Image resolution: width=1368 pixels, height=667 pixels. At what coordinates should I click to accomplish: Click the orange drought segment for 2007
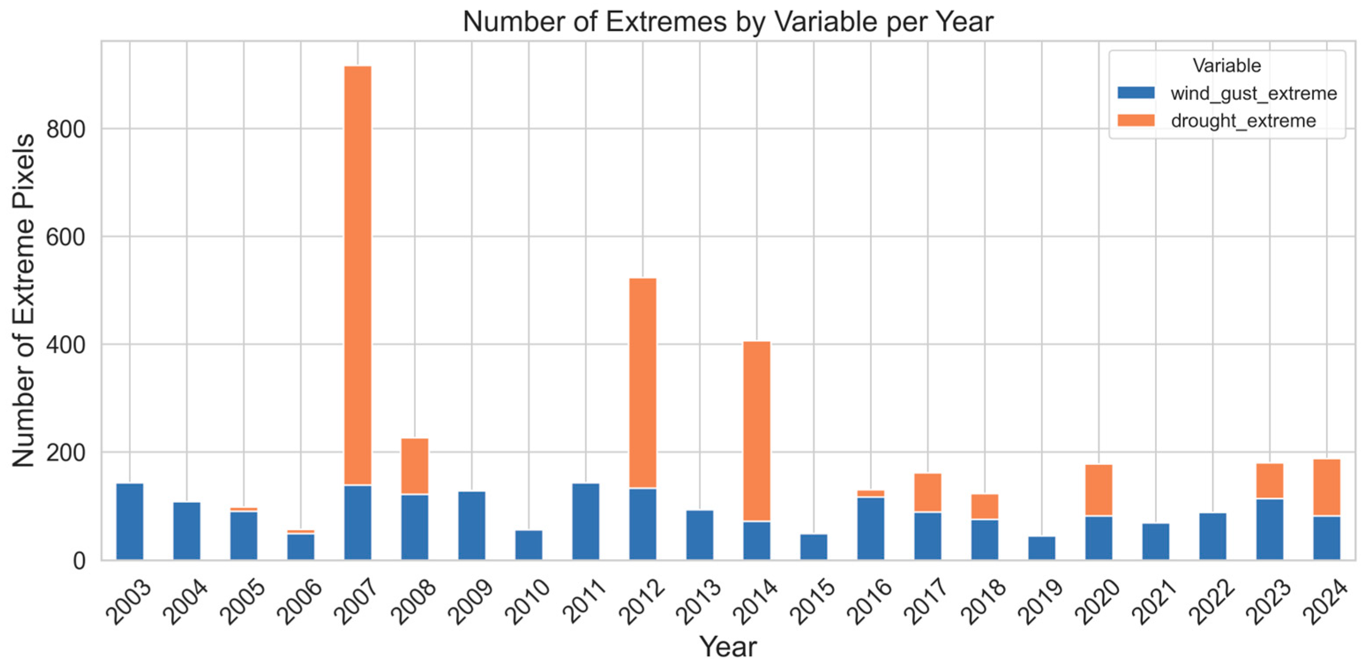[x=358, y=275]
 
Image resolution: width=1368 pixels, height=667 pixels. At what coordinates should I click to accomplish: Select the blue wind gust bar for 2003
[x=130, y=521]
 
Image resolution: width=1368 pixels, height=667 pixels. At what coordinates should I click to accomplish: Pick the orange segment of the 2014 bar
[x=757, y=431]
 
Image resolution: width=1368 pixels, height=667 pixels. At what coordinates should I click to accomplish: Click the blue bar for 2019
[x=1042, y=548]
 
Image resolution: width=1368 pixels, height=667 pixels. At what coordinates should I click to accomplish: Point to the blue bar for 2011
[x=586, y=521]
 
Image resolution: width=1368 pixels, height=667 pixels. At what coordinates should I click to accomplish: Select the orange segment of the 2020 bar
[x=1099, y=490]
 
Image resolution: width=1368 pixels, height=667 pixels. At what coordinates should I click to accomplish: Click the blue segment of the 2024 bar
[x=1327, y=537]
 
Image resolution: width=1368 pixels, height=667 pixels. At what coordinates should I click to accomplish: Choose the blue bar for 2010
[x=529, y=544]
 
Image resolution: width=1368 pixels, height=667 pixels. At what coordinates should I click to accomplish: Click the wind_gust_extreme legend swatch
[x=1136, y=93]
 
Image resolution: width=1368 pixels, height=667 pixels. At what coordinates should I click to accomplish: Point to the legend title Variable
[x=1227, y=65]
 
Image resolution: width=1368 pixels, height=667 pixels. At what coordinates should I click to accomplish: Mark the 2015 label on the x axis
[x=812, y=601]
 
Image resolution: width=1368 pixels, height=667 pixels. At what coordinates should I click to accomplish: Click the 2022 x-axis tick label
[x=1211, y=601]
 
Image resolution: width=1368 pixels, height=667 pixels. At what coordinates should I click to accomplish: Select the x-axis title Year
[x=728, y=647]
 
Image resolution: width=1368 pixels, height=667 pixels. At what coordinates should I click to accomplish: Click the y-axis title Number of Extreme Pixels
[x=23, y=301]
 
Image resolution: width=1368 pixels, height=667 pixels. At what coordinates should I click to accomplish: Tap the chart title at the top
[x=728, y=22]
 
